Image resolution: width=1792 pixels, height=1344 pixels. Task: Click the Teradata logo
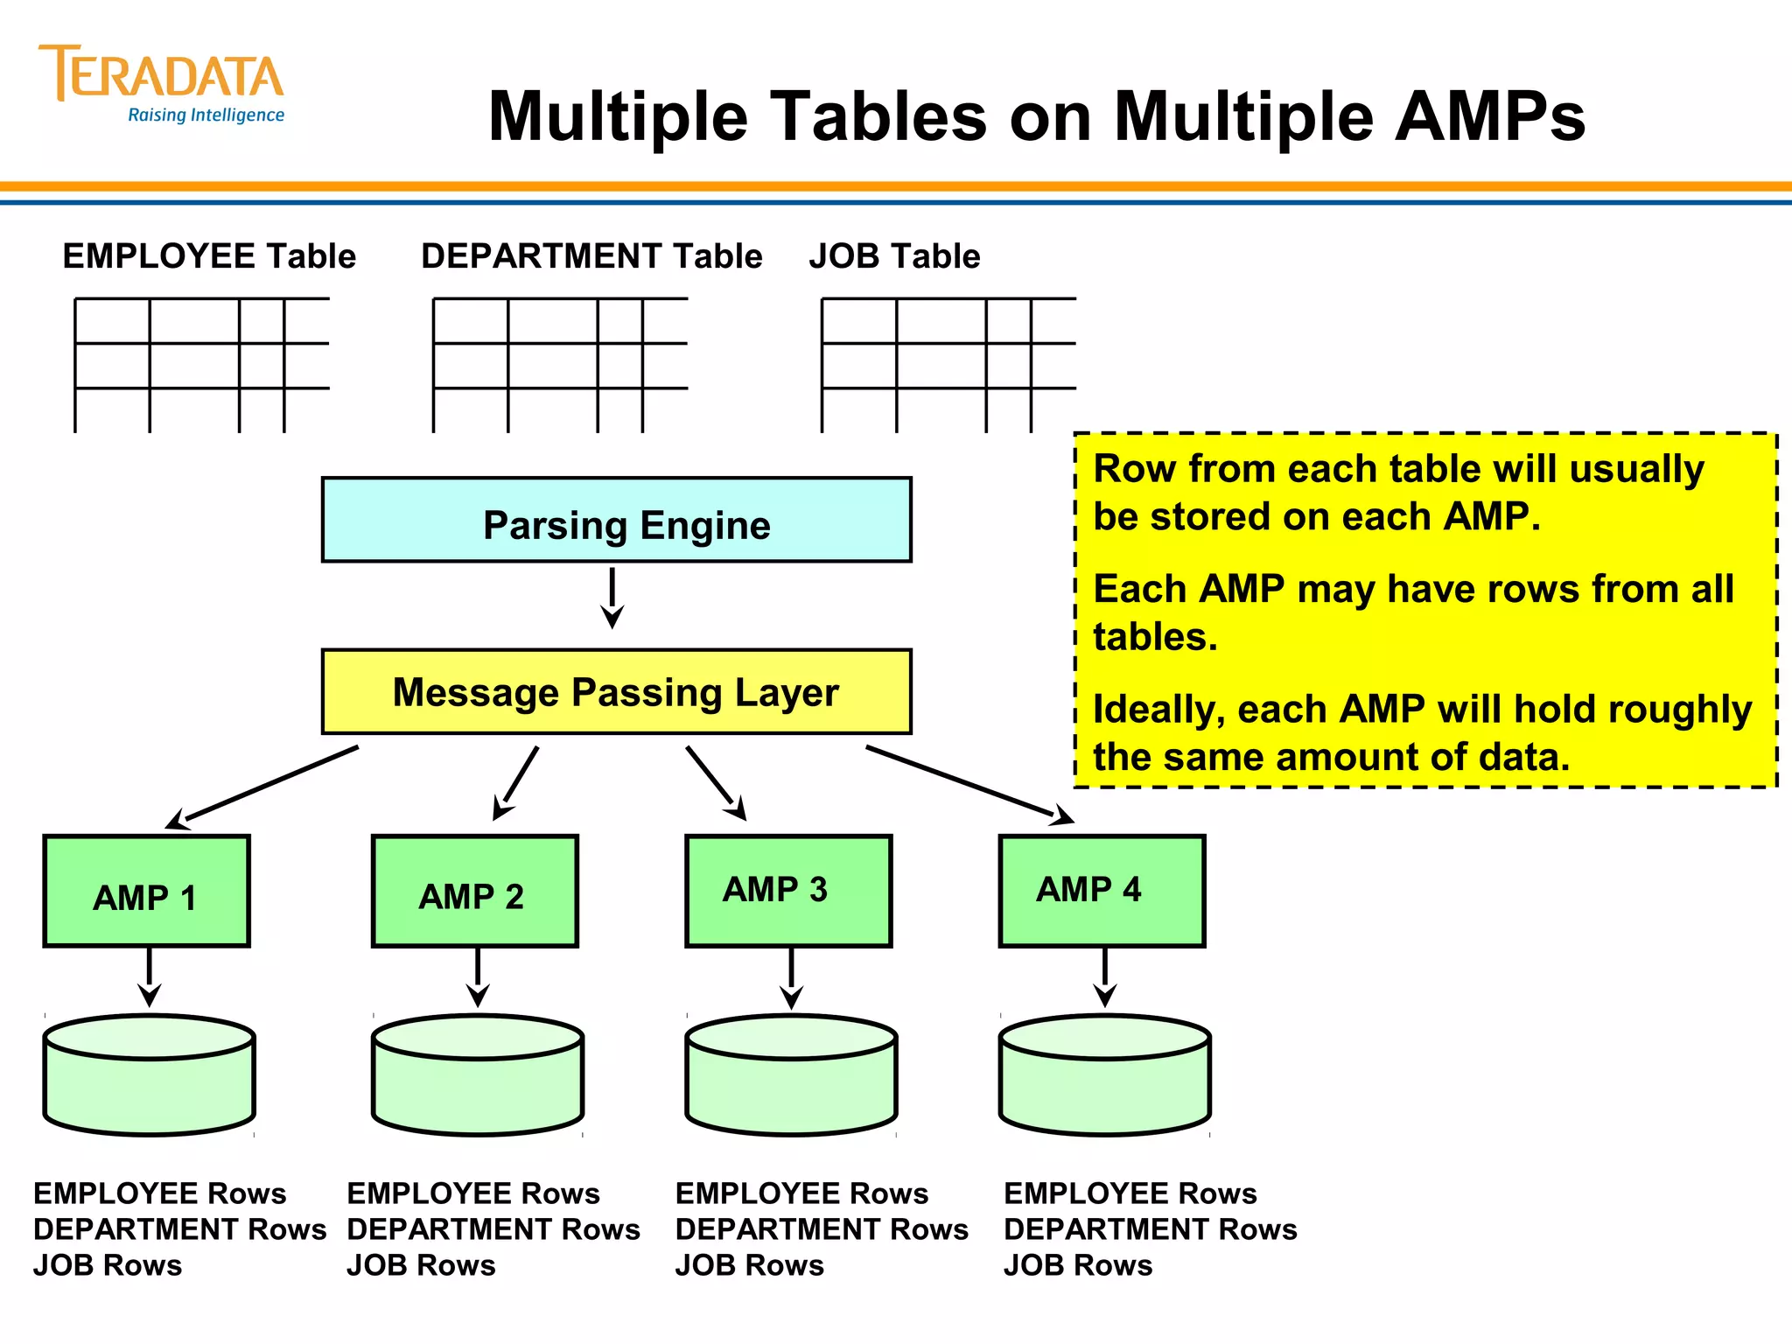[162, 83]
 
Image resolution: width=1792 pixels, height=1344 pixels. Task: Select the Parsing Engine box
[616, 520]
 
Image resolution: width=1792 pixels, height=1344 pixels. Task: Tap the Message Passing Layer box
[616, 691]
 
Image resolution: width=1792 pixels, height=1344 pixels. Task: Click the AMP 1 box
[147, 891]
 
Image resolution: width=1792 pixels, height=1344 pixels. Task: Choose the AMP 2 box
[474, 891]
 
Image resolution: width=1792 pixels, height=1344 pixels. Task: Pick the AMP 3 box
[787, 891]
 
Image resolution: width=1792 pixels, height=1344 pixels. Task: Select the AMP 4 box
[1102, 891]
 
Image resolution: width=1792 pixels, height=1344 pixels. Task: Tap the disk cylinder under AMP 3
[791, 1076]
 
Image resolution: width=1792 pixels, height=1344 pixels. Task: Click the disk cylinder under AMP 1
[149, 1076]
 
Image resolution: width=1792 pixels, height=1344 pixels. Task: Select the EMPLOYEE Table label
[209, 256]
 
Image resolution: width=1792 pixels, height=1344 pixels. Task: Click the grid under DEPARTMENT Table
[560, 365]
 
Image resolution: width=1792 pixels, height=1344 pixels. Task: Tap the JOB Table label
[894, 256]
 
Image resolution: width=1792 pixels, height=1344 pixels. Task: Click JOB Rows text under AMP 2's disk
[421, 1265]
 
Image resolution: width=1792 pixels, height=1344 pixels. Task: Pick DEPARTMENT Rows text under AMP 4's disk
[1150, 1229]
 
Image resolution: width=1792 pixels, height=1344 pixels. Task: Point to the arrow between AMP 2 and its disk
[478, 976]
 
